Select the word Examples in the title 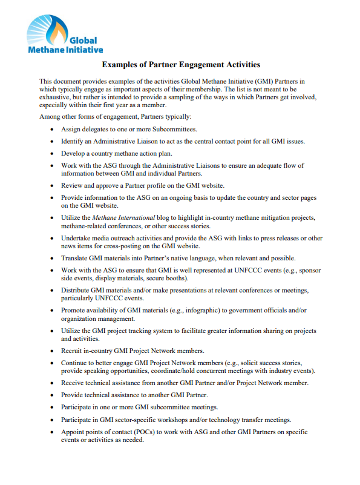(119, 64)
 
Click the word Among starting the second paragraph (51, 116)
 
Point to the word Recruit (73, 351)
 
